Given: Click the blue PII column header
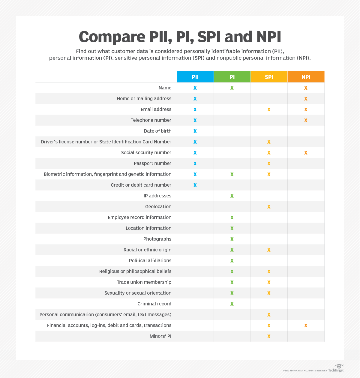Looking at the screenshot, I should point(195,77).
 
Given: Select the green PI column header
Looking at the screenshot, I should point(232,77).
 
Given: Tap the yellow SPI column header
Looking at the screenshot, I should point(269,77).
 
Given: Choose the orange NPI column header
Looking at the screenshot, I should point(306,77).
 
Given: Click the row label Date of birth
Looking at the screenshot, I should point(157,131).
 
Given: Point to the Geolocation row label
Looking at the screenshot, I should point(158,207).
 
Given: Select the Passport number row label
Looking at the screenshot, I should point(152,163).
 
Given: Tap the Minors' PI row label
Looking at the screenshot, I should point(160,336).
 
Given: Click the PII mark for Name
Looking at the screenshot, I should point(195,88).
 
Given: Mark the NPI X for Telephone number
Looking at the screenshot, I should point(306,120).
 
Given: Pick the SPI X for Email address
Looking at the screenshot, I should point(269,109).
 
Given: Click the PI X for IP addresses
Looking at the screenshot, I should point(232,196).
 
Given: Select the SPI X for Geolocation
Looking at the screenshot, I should point(269,207).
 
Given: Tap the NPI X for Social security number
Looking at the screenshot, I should point(306,153).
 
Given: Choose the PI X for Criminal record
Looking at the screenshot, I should point(232,304).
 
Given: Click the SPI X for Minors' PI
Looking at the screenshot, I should point(269,336).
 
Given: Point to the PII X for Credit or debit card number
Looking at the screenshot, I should point(195,185).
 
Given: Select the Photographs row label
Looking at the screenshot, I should point(157,239).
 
